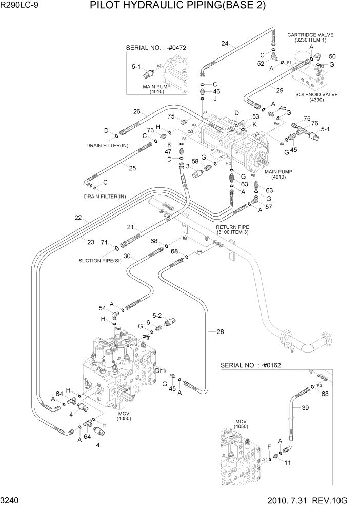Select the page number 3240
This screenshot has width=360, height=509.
click(x=12, y=500)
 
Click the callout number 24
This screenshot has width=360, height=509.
click(x=225, y=43)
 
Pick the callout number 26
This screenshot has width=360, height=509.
click(x=137, y=111)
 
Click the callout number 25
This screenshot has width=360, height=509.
click(x=132, y=168)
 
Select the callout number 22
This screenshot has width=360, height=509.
click(x=78, y=218)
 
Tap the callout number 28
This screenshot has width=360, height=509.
click(x=220, y=332)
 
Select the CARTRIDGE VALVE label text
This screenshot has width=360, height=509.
click(x=310, y=35)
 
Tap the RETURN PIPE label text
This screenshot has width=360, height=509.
click(x=232, y=227)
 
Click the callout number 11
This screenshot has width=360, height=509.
click(x=288, y=462)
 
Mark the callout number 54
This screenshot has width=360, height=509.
click(x=102, y=308)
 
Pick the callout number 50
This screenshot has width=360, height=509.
click(x=332, y=56)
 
